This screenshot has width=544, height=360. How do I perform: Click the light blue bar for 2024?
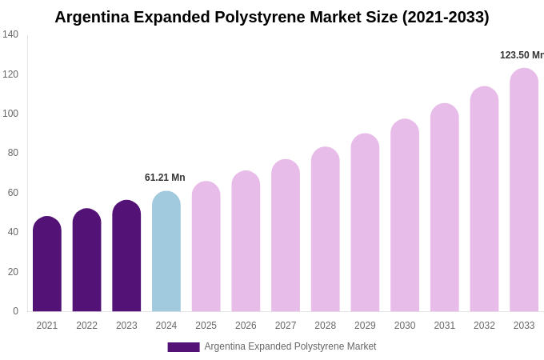(166, 252)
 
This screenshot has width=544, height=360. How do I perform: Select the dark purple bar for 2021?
(47, 264)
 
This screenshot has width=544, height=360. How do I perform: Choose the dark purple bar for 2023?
(126, 256)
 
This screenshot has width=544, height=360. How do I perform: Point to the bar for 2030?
(405, 216)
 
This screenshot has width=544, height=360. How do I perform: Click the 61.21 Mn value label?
(165, 178)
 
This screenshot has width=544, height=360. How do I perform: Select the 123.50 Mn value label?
(522, 55)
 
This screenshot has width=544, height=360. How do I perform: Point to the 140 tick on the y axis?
(10, 34)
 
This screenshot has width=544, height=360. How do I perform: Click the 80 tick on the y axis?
(13, 153)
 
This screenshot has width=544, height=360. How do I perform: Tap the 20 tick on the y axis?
(13, 272)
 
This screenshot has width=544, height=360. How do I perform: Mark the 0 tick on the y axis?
(15, 311)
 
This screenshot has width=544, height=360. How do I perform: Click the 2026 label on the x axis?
(246, 326)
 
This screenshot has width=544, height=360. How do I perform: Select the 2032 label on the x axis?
(484, 326)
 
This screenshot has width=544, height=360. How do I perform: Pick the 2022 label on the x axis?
(87, 326)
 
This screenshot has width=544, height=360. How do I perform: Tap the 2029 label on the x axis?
(365, 326)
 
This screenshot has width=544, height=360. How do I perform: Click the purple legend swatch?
(183, 347)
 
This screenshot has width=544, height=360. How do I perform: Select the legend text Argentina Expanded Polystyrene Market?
(290, 346)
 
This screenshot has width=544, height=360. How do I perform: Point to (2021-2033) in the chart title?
(446, 17)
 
